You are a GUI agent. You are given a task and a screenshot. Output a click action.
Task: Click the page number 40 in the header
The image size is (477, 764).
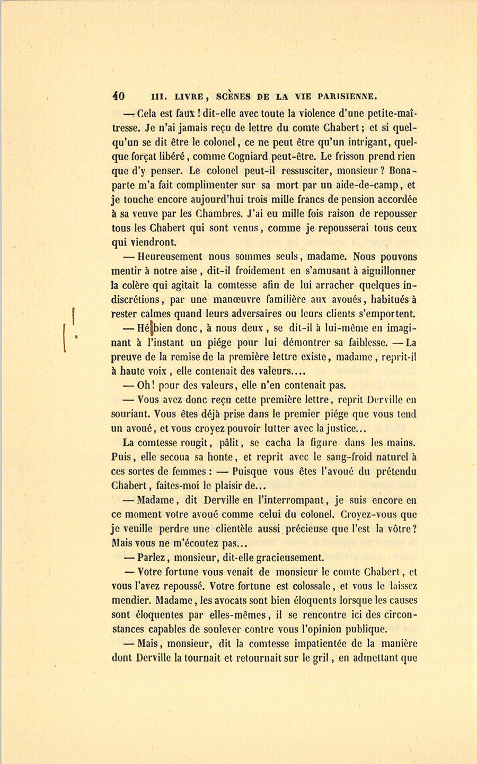(118, 96)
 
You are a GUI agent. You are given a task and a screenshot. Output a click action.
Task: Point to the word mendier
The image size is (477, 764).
(131, 601)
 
